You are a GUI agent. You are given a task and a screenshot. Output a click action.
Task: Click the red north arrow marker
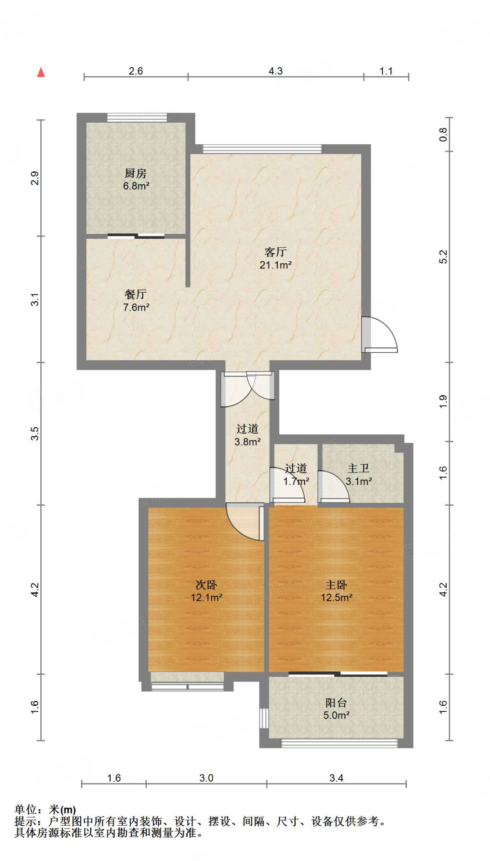41,72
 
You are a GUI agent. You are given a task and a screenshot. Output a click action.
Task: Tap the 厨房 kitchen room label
135,173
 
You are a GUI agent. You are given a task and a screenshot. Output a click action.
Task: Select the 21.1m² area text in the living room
275,265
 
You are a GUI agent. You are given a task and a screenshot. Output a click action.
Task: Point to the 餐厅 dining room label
135,294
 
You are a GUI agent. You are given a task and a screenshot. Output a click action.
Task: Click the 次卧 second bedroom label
206,584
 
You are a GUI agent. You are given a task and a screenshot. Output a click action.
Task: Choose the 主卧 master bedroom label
336,584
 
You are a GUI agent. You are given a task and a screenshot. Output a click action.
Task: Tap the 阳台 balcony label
336,703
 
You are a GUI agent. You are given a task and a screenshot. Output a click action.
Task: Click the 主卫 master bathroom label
358,468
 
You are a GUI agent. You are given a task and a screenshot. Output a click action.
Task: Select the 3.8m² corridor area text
247,442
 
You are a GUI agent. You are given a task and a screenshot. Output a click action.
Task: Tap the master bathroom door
334,488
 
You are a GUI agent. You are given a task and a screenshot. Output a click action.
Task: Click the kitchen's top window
137,118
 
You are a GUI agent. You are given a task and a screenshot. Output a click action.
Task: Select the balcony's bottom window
339,743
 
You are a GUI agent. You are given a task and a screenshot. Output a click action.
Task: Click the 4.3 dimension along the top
275,71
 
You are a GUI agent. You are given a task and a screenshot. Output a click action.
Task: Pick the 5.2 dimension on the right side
443,256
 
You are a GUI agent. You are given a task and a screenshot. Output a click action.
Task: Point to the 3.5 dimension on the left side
35,433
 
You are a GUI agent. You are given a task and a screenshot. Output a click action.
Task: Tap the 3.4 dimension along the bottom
336,778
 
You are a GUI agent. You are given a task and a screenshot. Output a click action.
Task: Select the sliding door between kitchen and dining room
136,236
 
